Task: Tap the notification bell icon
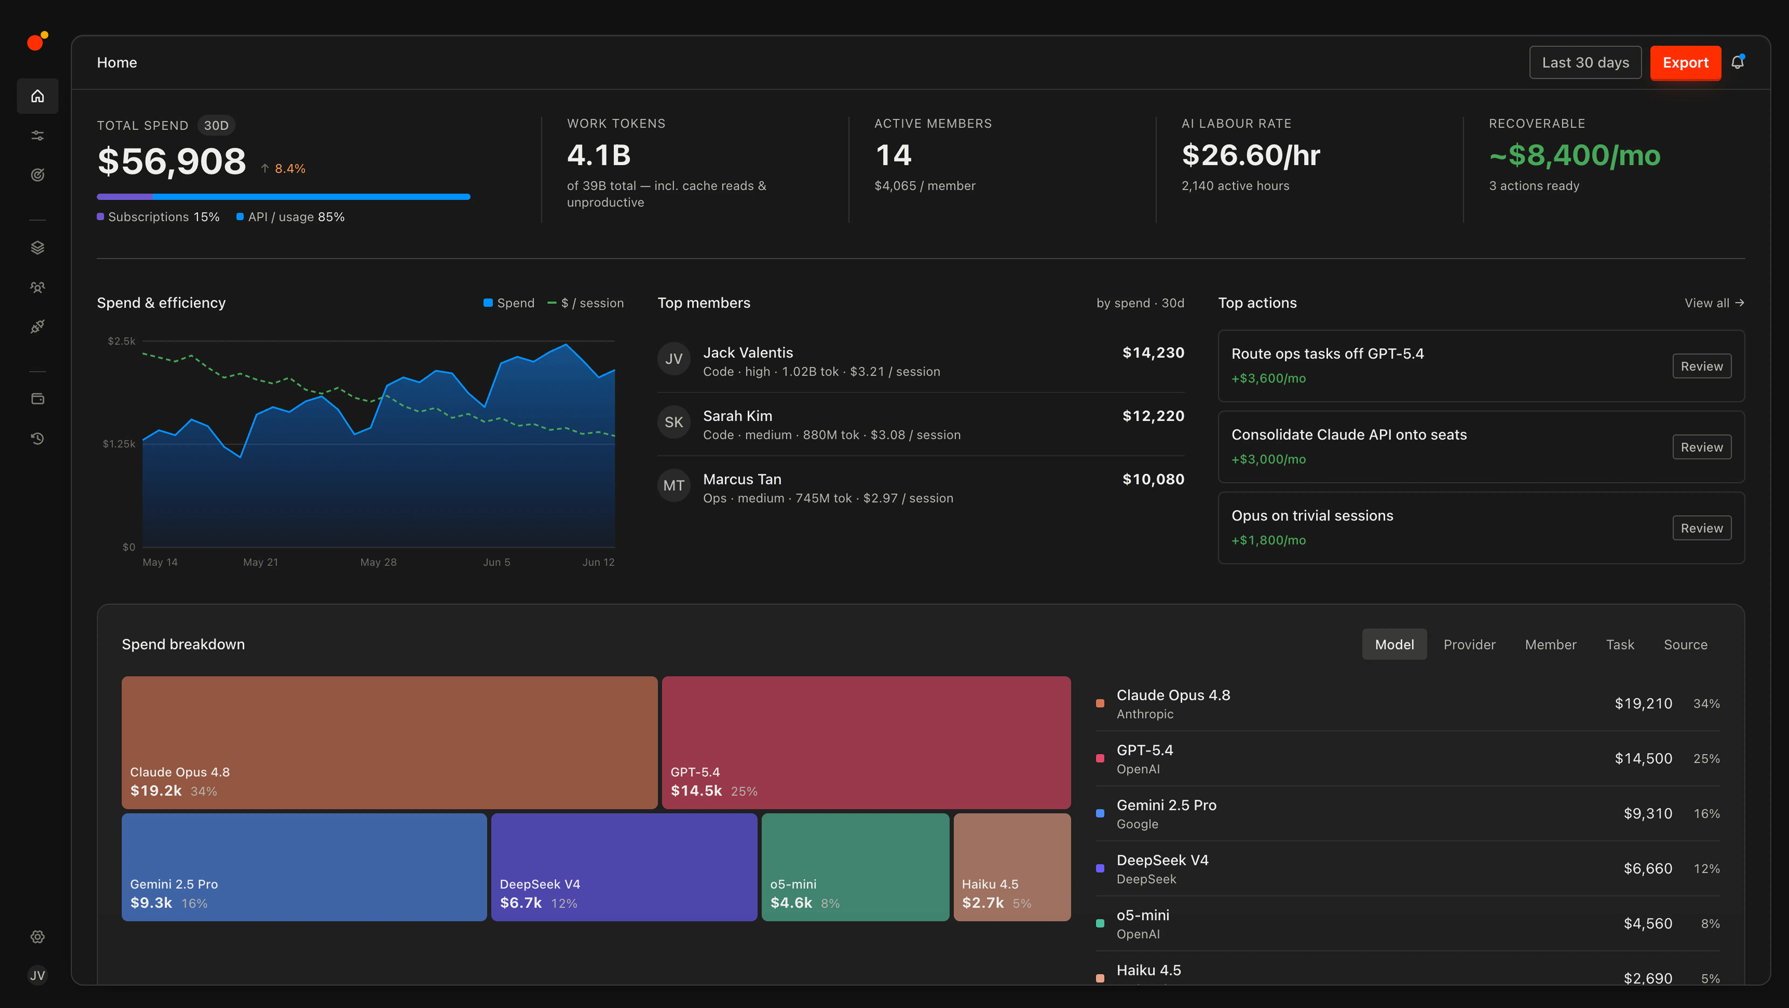tap(1738, 63)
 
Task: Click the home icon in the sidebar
tap(37, 96)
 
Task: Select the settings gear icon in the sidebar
tap(37, 937)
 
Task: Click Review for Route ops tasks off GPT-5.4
tap(1701, 366)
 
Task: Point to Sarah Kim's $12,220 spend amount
tap(1153, 416)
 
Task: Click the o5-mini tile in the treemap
tap(855, 867)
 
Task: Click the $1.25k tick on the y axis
tap(119, 444)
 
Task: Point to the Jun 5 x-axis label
tap(497, 562)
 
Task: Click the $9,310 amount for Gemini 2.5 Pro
tap(1647, 814)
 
